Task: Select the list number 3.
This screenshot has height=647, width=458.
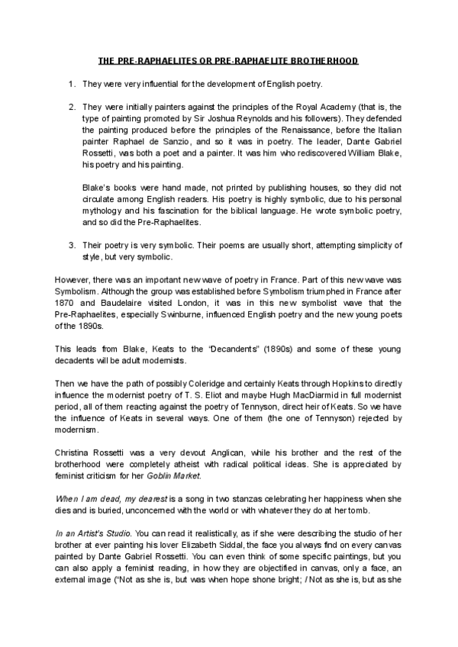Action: point(70,245)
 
